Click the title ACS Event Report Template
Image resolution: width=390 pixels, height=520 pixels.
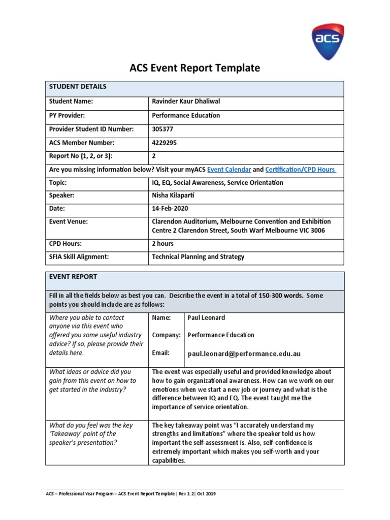(195, 68)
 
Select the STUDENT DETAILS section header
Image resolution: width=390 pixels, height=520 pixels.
(78, 87)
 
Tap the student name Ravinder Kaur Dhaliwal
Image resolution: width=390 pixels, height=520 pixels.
(186, 101)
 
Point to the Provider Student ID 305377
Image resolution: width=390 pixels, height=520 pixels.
(162, 129)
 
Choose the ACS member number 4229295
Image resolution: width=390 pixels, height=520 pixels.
(165, 143)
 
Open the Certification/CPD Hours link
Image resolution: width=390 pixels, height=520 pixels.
(301, 169)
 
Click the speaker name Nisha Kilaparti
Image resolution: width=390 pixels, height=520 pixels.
(177, 196)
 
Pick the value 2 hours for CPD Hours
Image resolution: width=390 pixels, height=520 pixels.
(162, 244)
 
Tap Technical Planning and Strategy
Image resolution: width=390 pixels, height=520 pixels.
(198, 257)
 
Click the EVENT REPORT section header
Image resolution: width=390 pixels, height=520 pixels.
(73, 277)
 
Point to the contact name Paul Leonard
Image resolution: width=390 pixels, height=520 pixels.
(206, 318)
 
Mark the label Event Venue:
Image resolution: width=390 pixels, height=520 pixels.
(68, 222)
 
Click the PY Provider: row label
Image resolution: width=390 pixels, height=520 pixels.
(66, 115)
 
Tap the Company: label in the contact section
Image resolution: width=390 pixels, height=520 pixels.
(166, 335)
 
